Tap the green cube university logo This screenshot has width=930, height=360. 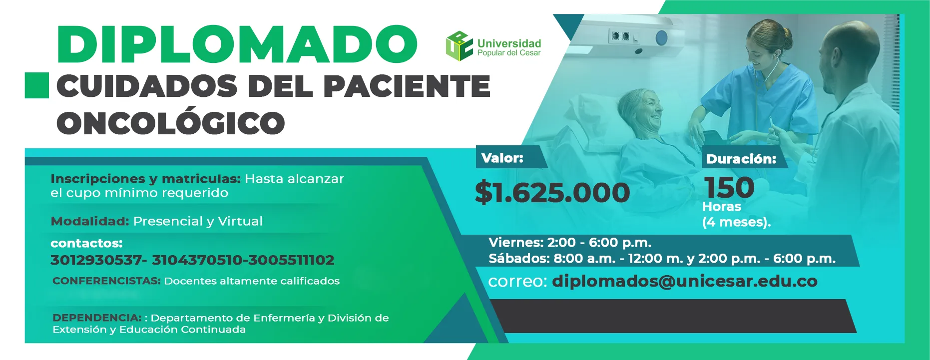[x=459, y=46]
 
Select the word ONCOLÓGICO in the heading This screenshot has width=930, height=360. [x=171, y=122]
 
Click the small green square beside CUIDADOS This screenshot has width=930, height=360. [x=37, y=85]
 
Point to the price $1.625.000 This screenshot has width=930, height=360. [x=552, y=192]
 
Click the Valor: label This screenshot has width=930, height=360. [x=502, y=158]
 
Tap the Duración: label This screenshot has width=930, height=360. [x=741, y=159]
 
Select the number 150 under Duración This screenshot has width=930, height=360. [x=729, y=188]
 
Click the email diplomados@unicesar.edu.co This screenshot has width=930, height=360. [x=685, y=281]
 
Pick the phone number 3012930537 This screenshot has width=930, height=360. [x=96, y=260]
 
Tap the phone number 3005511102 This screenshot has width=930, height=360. [x=291, y=260]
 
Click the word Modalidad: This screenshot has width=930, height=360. [x=90, y=221]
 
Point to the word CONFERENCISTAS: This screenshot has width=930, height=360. [x=106, y=281]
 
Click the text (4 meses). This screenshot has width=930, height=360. [x=737, y=222]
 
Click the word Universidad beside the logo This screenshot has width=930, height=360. [x=509, y=43]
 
